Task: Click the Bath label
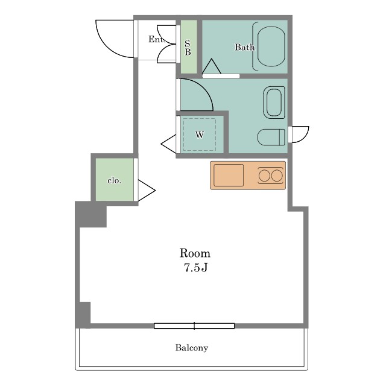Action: (244, 47)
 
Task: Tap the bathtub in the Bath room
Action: (271, 46)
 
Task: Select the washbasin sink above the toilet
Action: (274, 103)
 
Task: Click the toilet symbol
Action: (271, 137)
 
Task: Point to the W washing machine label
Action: (200, 134)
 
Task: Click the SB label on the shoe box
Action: (188, 48)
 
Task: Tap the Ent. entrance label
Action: (157, 39)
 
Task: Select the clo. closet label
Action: (114, 180)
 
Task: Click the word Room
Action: (195, 253)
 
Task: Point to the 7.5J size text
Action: (196, 268)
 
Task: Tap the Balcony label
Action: (192, 348)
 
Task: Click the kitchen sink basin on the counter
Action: (229, 176)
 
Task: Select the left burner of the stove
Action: (264, 176)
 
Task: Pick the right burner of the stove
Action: (277, 176)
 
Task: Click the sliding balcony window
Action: (194, 326)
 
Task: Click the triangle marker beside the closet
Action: (147, 191)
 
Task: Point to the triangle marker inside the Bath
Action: (212, 66)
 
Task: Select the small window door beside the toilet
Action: (299, 134)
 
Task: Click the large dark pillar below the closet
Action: (90, 214)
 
